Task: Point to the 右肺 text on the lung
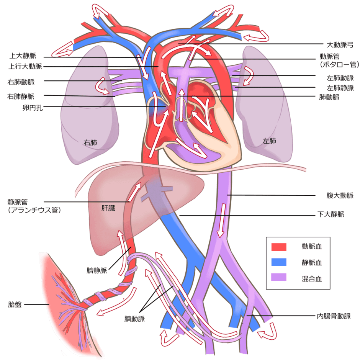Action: click(90, 142)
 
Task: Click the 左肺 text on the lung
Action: click(269, 141)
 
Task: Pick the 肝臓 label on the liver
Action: click(108, 209)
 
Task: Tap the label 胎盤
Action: click(15, 305)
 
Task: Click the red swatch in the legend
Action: click(279, 246)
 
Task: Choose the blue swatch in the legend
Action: click(279, 262)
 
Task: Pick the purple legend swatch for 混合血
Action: click(279, 278)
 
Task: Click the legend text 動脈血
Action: click(312, 246)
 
